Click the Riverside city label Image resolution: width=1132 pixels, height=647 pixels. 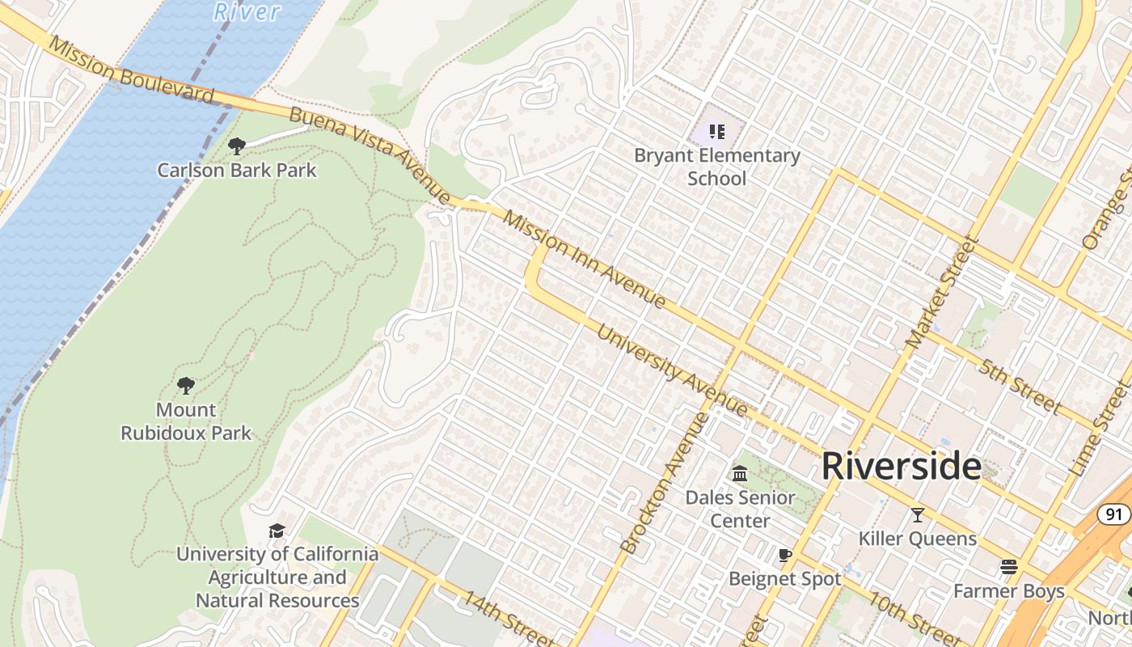[x=902, y=467]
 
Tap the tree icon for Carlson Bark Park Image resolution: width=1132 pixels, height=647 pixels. [x=237, y=146]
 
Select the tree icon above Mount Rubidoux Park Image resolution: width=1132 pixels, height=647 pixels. [x=186, y=385]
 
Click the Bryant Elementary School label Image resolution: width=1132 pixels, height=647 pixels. [x=716, y=167]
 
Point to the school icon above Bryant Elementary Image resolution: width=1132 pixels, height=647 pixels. [x=716, y=131]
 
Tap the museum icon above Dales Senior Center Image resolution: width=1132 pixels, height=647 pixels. [x=740, y=473]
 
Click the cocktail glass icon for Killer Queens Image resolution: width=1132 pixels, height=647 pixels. [x=918, y=514]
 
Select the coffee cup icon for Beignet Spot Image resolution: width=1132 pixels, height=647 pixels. [x=784, y=555]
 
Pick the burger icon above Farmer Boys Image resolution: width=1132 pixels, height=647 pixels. [x=1008, y=567]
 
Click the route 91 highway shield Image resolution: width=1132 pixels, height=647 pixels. [x=1114, y=514]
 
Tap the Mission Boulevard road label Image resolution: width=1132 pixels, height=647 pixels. [x=129, y=70]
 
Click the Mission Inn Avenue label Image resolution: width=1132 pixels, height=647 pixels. [x=585, y=259]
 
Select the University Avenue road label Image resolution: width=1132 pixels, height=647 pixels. [x=672, y=370]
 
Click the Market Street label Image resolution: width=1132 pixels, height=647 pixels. [x=943, y=293]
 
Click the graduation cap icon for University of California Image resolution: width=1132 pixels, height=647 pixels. [x=277, y=531]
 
